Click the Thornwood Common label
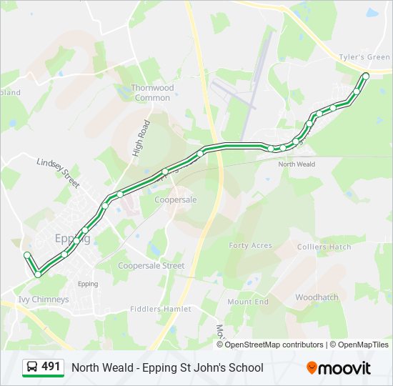click(x=152, y=92)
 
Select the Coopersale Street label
click(x=151, y=266)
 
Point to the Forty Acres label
click(x=250, y=245)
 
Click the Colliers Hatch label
click(x=324, y=247)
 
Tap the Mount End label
click(x=248, y=302)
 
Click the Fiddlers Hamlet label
click(x=161, y=309)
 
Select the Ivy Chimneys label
click(x=44, y=300)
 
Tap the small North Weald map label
click(x=297, y=164)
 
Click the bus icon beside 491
click(x=31, y=367)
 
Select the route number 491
click(x=51, y=367)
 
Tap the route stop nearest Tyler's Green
click(x=366, y=75)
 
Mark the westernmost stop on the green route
click(x=27, y=255)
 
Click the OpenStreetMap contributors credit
click(x=274, y=345)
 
